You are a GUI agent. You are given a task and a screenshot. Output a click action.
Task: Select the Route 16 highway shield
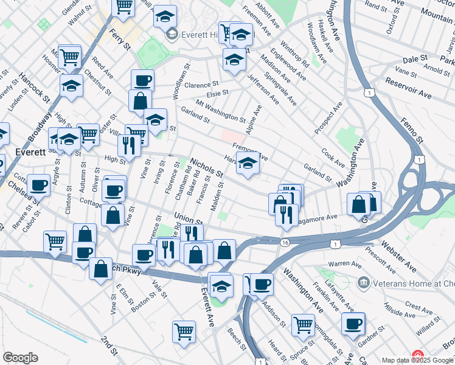coord(284,243)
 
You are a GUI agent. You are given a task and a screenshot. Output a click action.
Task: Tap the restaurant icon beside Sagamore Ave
coord(284,214)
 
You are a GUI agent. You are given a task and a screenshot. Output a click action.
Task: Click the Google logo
coord(20,358)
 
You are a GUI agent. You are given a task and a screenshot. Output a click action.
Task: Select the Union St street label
coord(187,217)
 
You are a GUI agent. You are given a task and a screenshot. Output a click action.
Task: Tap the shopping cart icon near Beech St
coord(184,332)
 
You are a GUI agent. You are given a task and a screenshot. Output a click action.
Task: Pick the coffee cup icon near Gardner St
coord(353,323)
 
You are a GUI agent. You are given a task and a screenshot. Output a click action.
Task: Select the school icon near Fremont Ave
coord(248,163)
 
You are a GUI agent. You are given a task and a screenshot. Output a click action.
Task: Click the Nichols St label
coord(206,169)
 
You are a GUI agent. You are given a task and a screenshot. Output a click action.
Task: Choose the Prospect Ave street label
coord(328,117)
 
